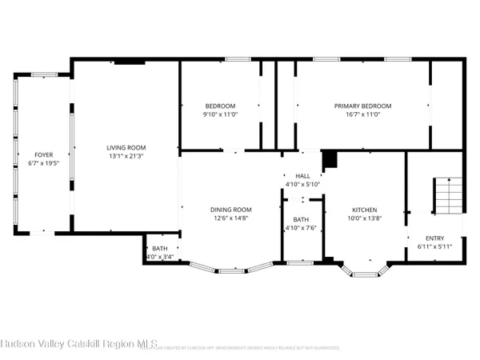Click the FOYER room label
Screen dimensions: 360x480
click(x=42, y=154)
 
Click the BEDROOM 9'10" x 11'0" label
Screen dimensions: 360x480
click(x=220, y=106)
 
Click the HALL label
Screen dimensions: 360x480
click(x=302, y=176)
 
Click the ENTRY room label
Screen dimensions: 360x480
click(x=434, y=238)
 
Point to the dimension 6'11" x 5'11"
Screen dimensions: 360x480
click(x=434, y=247)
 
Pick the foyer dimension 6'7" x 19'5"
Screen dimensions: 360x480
click(x=42, y=163)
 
